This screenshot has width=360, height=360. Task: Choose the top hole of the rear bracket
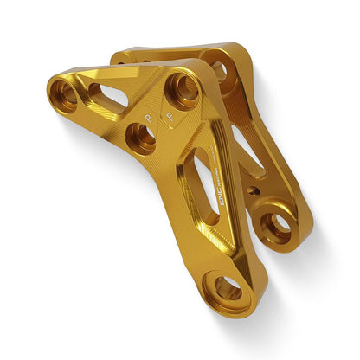coord(218,71)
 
